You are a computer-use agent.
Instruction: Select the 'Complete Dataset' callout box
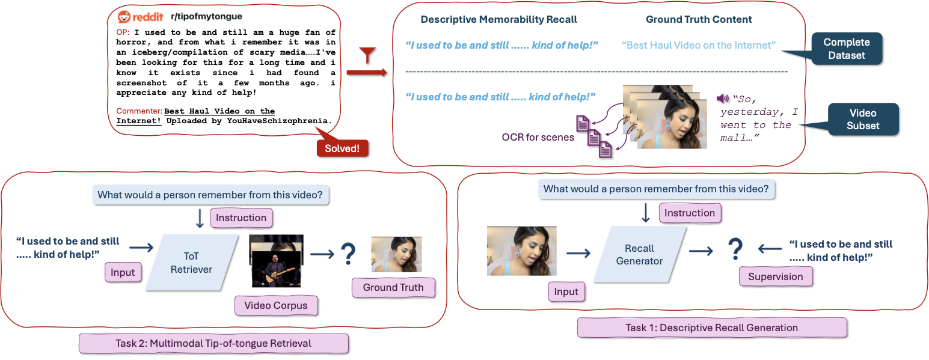(x=847, y=49)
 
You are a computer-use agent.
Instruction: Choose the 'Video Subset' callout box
(x=862, y=119)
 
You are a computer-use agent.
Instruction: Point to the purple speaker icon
(x=722, y=98)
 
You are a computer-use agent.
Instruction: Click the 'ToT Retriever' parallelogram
(x=191, y=263)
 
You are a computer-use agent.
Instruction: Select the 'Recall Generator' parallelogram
(x=639, y=255)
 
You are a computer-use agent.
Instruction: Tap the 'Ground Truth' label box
(x=393, y=287)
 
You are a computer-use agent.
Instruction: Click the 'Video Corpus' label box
(x=276, y=305)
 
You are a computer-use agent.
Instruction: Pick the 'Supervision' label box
(x=775, y=276)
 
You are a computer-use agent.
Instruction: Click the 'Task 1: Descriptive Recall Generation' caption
(x=712, y=328)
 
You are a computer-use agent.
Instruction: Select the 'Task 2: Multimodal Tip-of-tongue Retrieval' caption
(x=213, y=343)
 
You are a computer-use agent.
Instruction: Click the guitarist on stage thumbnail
(x=276, y=268)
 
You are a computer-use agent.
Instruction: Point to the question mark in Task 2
(x=348, y=254)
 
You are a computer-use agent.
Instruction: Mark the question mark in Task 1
(x=734, y=249)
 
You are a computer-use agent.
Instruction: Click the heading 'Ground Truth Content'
(x=699, y=19)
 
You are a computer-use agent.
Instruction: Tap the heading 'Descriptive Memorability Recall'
(x=498, y=19)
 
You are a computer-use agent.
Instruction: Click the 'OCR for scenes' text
(x=538, y=137)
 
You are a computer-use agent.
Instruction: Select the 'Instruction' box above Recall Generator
(x=690, y=213)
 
